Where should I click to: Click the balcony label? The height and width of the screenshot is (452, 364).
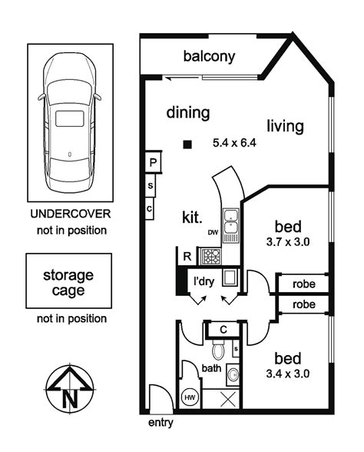(x=209, y=57)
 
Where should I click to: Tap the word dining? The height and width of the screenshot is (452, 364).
(x=188, y=113)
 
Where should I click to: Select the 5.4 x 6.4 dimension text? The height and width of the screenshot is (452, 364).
(x=234, y=143)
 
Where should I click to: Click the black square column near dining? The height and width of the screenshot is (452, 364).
(x=187, y=145)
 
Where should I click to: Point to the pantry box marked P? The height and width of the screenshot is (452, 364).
(x=153, y=162)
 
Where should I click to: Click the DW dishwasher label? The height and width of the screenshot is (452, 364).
(x=213, y=232)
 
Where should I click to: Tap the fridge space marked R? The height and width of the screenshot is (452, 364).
(x=187, y=256)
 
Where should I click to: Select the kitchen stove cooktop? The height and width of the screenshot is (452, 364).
(x=210, y=256)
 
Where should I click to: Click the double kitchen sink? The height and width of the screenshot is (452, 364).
(x=231, y=221)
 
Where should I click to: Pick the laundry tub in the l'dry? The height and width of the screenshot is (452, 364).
(x=230, y=278)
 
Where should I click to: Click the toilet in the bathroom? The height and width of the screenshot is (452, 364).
(x=218, y=349)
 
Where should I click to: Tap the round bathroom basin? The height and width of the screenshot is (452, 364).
(x=233, y=375)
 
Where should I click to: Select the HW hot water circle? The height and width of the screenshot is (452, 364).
(x=190, y=398)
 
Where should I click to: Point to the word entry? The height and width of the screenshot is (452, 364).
(x=160, y=423)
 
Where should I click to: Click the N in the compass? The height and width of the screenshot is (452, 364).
(x=71, y=399)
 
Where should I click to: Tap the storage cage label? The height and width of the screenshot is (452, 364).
(x=68, y=283)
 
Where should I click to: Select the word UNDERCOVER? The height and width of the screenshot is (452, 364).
(x=71, y=214)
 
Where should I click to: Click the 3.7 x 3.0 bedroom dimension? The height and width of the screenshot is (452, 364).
(x=288, y=241)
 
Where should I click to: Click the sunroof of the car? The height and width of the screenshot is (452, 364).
(x=70, y=118)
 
